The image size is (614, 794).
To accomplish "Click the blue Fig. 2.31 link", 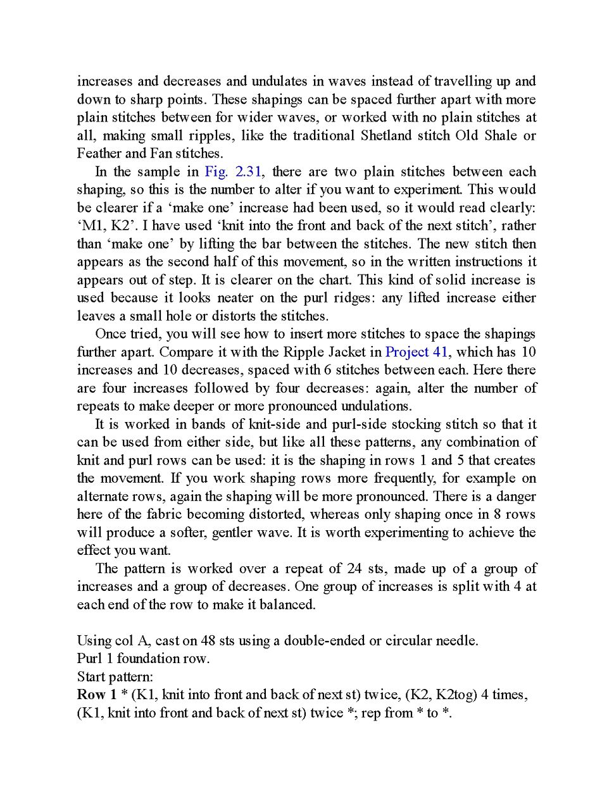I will coord(233,171).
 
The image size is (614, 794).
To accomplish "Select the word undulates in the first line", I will coord(279,81).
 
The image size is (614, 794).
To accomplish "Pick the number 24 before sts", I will coord(354,568).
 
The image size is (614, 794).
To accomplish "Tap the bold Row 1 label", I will coord(96,695).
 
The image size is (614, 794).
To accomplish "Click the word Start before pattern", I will coord(92,676).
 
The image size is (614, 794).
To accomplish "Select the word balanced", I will coord(287,604).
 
